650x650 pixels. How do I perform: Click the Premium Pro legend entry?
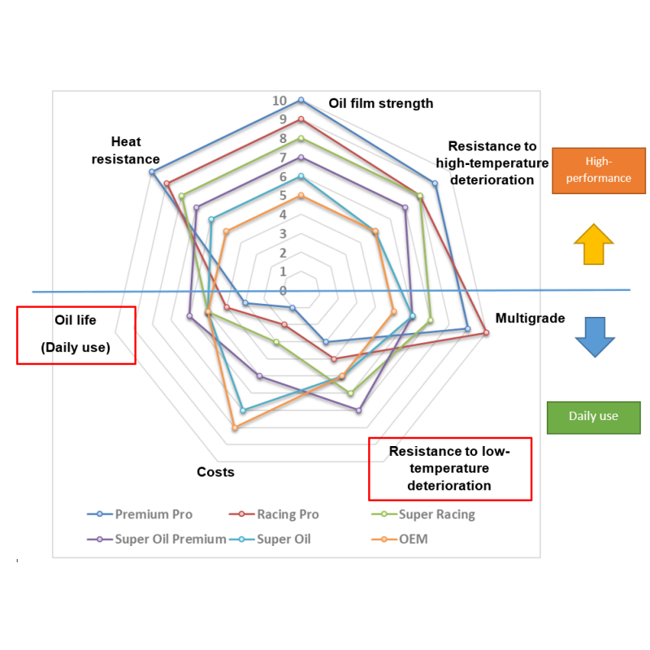tap(140, 514)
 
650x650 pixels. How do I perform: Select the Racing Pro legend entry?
tap(274, 514)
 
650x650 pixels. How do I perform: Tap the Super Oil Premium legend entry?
tap(157, 539)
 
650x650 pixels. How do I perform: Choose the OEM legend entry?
tap(400, 539)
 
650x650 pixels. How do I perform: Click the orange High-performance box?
tap(599, 171)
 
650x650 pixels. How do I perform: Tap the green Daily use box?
tap(594, 418)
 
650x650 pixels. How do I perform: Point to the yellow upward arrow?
tap(594, 245)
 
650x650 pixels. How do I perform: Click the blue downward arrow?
tap(595, 337)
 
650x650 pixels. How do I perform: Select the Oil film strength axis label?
tap(380, 103)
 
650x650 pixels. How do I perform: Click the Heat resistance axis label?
tap(126, 150)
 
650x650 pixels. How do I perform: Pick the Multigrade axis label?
tap(531, 318)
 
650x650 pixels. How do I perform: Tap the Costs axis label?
tap(215, 472)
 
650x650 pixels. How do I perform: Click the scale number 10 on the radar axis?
tap(279, 100)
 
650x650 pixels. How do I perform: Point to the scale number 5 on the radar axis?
tap(283, 195)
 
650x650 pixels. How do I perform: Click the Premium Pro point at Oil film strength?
tap(301, 100)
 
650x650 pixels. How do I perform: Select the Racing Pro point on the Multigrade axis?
tap(487, 332)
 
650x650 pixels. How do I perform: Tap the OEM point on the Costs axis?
tap(235, 428)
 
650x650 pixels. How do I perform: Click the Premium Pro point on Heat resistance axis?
tap(152, 171)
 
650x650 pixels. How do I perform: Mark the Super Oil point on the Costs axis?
tap(243, 410)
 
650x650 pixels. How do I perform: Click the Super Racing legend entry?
tap(423, 514)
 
